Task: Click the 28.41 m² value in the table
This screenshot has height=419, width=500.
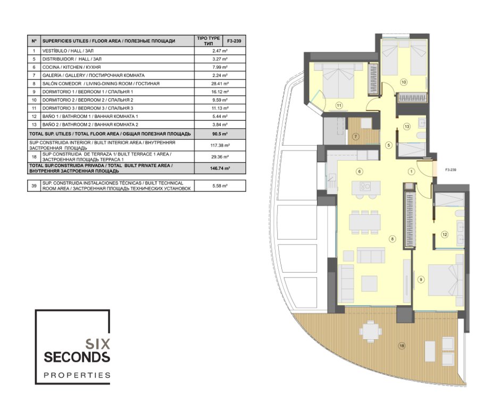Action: coord(220,83)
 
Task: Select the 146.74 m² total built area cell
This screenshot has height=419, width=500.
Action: coord(220,169)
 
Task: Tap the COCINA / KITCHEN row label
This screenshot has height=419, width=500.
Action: coord(71,68)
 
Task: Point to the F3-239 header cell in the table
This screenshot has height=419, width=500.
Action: coord(234,41)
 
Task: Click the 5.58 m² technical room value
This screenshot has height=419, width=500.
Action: coord(220,186)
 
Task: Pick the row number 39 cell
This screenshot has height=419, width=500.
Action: coord(34,186)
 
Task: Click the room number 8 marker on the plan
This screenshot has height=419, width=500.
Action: coord(392,239)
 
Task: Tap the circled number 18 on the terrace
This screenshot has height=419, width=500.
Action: coord(402,346)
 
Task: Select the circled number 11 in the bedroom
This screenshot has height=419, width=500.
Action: coord(339,105)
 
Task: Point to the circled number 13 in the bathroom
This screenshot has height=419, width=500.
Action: coord(406,127)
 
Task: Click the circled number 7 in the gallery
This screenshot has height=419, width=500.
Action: coord(356,137)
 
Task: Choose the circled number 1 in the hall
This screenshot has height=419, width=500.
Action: coord(411,172)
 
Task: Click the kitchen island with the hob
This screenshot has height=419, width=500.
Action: coord(366,188)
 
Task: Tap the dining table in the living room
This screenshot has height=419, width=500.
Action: coord(365,222)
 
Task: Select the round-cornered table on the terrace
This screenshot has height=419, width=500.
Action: coord(370,332)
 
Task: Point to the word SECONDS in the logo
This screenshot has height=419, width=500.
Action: coord(77,357)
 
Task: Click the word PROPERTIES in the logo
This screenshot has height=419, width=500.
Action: coord(77,375)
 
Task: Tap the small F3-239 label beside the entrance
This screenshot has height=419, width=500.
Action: coord(451,170)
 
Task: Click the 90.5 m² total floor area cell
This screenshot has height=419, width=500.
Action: coord(220,134)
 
